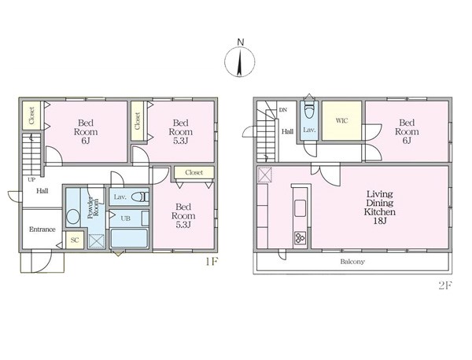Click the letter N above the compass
pyautogui.click(x=240, y=42)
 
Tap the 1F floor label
pyautogui.click(x=212, y=262)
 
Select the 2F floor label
pyautogui.click(x=445, y=285)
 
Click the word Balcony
pyautogui.click(x=352, y=262)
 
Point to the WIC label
pyautogui.click(x=341, y=120)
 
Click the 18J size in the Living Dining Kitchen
pyautogui.click(x=380, y=221)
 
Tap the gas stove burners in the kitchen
pyautogui.click(x=300, y=238)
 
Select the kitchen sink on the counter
pyautogui.click(x=300, y=208)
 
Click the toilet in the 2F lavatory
pyautogui.click(x=309, y=112)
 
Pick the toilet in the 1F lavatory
pyautogui.click(x=140, y=197)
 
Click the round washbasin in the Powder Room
pyautogui.click(x=73, y=216)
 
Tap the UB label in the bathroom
pyautogui.click(x=126, y=218)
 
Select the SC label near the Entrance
pyautogui.click(x=75, y=241)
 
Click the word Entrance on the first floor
pyautogui.click(x=42, y=230)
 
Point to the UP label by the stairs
pyautogui.click(x=31, y=180)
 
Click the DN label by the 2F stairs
pyautogui.click(x=283, y=110)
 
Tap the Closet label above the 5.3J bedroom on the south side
pyautogui.click(x=194, y=173)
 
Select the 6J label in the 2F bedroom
pyautogui.click(x=407, y=141)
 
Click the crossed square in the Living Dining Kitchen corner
pyautogui.click(x=265, y=175)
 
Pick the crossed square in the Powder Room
pyautogui.click(x=96, y=241)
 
